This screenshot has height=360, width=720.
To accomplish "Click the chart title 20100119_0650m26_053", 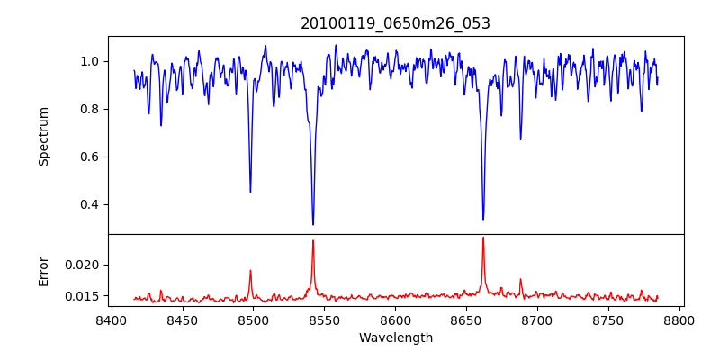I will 395,23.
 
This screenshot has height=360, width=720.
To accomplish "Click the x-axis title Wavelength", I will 395,337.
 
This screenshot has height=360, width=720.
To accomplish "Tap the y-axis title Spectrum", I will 43,136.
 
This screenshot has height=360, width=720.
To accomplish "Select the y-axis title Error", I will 43,271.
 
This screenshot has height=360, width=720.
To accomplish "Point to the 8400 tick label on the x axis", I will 111,319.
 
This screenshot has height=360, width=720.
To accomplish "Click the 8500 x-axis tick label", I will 253,319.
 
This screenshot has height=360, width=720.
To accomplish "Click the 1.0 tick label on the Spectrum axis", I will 90,61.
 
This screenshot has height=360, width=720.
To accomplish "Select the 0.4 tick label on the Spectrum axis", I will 90,204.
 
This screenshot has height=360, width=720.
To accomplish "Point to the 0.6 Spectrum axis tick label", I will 90,157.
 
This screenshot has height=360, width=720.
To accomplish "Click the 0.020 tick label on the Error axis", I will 84,265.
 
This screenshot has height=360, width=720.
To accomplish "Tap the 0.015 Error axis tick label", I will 84,296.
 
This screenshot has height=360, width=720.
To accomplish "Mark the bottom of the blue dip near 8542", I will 313,224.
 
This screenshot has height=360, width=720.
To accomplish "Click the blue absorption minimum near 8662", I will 483,220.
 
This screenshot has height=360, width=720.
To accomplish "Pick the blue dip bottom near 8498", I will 250,192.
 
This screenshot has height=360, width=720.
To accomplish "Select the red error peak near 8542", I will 313,240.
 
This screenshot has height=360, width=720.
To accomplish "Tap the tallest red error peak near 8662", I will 483,238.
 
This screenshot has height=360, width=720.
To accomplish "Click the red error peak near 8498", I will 250,271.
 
